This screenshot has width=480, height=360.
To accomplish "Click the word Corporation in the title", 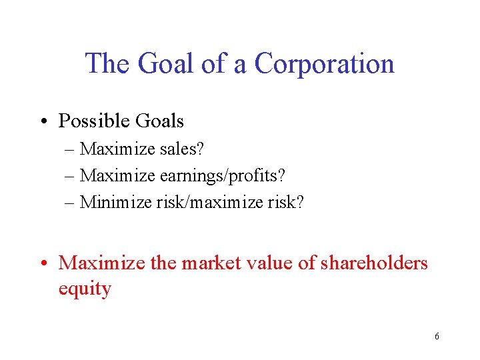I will pos(325,64).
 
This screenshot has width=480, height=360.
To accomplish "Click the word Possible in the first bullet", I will pos(93,121).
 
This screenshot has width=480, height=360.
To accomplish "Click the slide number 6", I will pos(437,336).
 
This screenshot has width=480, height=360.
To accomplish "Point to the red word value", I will pos(272,263).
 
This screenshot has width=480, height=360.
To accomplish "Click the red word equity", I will pos(85,289).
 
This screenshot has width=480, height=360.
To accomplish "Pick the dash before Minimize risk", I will pos(71,202).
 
